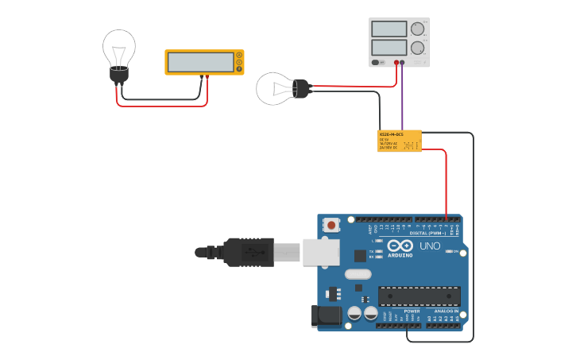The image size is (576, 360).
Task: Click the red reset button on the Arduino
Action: tap(331, 225)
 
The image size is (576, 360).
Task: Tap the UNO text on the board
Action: tap(429, 246)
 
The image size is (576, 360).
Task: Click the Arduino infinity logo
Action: tap(400, 246)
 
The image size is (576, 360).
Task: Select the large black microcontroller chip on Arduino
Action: tap(419, 296)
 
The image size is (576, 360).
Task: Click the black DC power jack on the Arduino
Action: tap(327, 315)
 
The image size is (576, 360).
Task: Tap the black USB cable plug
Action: tap(248, 252)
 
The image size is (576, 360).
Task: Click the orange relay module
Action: tap(399, 141)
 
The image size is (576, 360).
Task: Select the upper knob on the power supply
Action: tap(417, 29)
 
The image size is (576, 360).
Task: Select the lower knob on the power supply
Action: tap(417, 48)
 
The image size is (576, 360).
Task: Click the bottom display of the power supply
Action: tap(389, 48)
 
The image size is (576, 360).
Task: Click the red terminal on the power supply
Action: tap(396, 62)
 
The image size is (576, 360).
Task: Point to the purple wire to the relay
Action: tap(402, 99)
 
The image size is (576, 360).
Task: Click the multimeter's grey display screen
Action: tap(200, 62)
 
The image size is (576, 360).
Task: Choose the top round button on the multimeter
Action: tap(238, 56)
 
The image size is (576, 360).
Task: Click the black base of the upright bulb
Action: tap(119, 75)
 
